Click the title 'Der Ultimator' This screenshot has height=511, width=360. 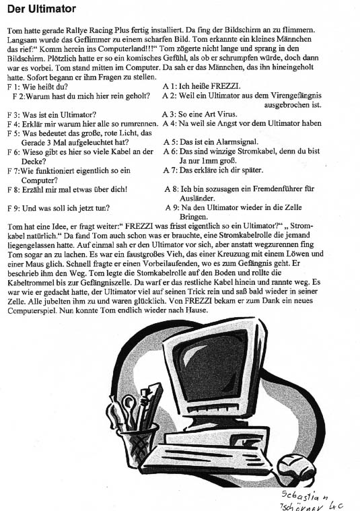(41, 9)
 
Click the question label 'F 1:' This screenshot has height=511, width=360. (13, 87)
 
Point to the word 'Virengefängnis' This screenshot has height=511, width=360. (296, 96)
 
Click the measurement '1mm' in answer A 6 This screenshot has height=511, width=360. (207, 161)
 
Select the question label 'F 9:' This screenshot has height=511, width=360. (13, 208)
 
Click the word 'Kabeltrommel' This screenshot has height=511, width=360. (30, 282)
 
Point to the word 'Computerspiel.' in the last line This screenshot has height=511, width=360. (32, 310)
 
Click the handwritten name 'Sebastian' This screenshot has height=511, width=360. (305, 496)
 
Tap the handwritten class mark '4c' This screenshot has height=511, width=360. (336, 506)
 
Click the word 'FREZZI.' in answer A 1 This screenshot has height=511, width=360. (225, 86)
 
